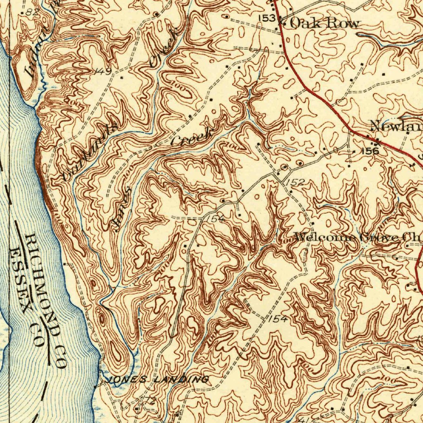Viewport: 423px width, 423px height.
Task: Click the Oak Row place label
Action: (324, 23)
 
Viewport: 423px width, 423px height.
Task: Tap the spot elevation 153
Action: (266, 18)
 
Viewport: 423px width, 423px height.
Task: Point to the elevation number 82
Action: (31, 12)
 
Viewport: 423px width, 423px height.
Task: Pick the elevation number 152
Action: (295, 182)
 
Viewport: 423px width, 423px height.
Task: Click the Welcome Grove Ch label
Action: (358, 238)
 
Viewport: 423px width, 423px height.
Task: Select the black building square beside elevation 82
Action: (22, 12)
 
